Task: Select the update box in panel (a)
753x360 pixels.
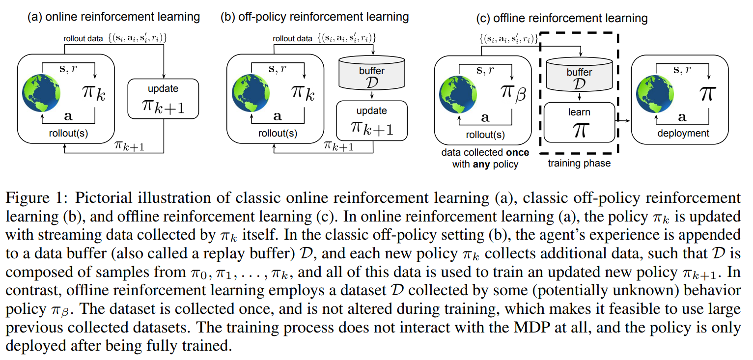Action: pyautogui.click(x=163, y=99)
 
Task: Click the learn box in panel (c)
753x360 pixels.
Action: pyautogui.click(x=580, y=122)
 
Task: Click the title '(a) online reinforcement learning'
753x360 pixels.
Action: pyautogui.click(x=113, y=17)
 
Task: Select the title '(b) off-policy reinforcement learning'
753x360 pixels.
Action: pyautogui.click(x=315, y=17)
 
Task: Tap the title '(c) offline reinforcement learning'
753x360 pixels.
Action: pyautogui.click(x=562, y=19)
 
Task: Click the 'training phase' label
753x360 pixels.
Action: pyautogui.click(x=579, y=164)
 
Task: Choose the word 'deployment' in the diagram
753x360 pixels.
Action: pyautogui.click(x=683, y=133)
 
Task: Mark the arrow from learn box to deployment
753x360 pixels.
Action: pyautogui.click(x=622, y=119)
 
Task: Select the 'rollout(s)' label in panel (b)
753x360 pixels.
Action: pyautogui.click(x=278, y=133)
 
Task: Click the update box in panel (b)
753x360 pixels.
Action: pyautogui.click(x=372, y=121)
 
